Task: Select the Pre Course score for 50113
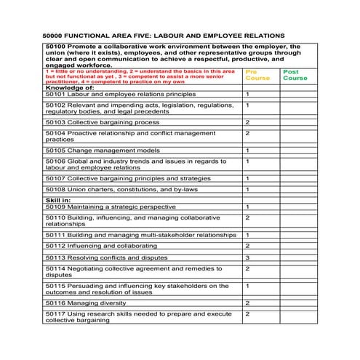click(247, 257)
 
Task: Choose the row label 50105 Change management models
click(101, 151)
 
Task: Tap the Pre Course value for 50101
click(247, 95)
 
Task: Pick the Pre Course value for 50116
click(247, 303)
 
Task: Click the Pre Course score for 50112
click(247, 246)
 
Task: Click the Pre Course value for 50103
click(247, 122)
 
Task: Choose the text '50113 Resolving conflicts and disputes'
click(107, 257)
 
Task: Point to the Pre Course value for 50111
click(247, 235)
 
